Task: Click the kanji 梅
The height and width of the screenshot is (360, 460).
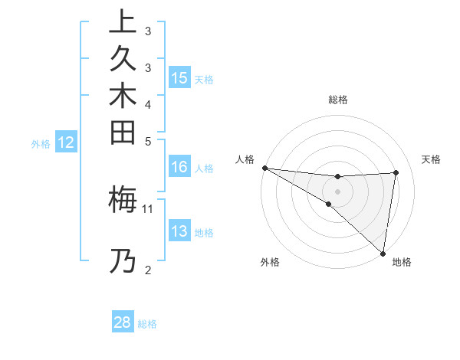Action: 123,200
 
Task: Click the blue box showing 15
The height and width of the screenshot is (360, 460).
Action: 179,78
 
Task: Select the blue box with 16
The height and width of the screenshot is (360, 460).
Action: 179,168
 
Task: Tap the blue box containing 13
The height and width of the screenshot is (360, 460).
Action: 179,232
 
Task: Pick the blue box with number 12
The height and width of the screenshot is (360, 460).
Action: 67,142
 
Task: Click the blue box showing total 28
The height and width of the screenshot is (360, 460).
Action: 123,322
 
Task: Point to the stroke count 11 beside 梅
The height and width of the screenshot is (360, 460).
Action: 148,208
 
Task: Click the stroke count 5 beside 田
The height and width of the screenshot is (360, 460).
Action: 148,141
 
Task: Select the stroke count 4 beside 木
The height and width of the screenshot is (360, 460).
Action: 148,103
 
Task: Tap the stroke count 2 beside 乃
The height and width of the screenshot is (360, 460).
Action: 148,269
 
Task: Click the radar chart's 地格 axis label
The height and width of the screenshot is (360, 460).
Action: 402,263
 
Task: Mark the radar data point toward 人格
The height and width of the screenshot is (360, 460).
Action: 264,168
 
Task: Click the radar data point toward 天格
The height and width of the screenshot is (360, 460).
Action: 396,172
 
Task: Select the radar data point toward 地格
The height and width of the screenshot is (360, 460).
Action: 382,253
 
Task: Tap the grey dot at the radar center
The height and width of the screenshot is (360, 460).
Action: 337,191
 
